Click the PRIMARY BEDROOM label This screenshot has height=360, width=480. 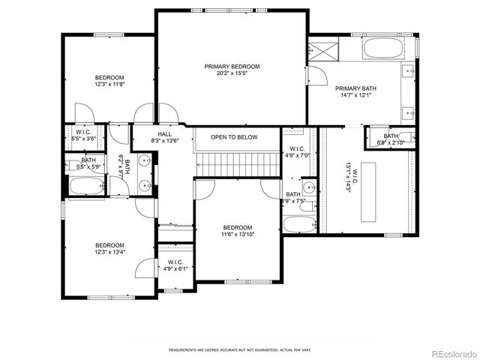tap(232, 66)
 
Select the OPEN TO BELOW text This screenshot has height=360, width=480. tap(234, 137)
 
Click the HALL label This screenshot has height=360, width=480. tap(164, 134)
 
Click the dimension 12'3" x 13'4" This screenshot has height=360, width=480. tap(109, 253)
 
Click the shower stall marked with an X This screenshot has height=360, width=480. tap(325, 51)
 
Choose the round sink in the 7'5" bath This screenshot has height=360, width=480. tap(309, 187)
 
